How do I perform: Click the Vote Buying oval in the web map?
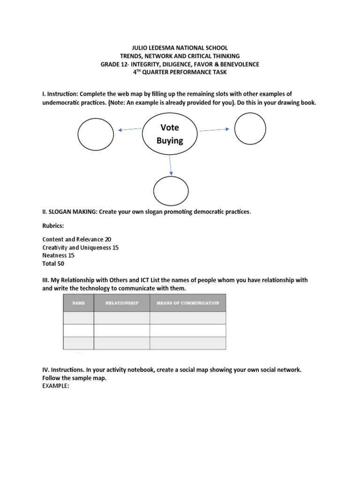[x=169, y=134]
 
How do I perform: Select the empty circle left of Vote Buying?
[x=96, y=134]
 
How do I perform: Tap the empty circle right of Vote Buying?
[x=250, y=128]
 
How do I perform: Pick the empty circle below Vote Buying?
[x=171, y=191]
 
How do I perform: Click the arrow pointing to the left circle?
[x=130, y=129]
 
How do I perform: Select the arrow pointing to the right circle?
[x=213, y=130]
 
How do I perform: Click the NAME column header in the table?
[x=79, y=303]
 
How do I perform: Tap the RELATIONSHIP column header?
[x=122, y=303]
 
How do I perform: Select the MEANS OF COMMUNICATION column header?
[x=187, y=303]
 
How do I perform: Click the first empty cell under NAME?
[x=79, y=318]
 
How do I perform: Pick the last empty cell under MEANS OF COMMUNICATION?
[x=187, y=343]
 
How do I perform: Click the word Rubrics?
[x=53, y=225]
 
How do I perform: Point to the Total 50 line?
[x=53, y=264]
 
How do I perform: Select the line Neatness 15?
[x=58, y=255]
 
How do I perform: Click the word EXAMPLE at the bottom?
[x=56, y=386]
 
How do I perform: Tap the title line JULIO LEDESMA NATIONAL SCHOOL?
[x=180, y=48]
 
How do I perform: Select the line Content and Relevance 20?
[x=77, y=239]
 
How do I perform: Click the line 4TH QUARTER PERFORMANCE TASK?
[x=180, y=72]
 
